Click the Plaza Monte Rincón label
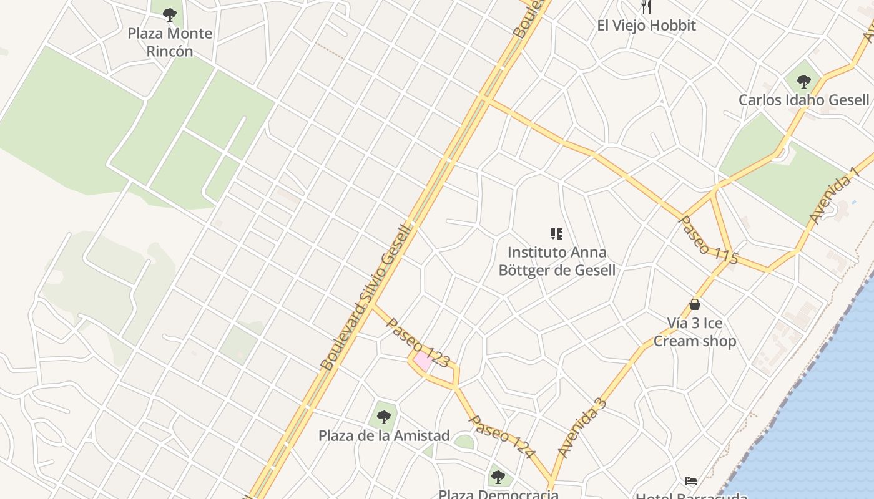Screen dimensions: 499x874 170,42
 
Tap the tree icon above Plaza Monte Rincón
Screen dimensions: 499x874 169,14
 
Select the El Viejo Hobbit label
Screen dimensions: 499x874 646,26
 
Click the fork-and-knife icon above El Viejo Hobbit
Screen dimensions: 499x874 646,7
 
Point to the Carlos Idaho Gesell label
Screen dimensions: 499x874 803,100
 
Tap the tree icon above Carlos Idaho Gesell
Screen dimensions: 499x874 803,81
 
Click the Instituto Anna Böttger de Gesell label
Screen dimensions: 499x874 557,261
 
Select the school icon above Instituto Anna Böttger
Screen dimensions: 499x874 556,234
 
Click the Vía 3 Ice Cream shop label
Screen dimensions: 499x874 695,332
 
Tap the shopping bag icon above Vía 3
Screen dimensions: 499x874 694,304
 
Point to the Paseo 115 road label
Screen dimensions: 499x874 708,240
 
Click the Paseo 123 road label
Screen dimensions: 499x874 418,342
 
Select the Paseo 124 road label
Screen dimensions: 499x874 502,437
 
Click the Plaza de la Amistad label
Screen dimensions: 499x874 384,435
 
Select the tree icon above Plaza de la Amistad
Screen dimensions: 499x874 383,416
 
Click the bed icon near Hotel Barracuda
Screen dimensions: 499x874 690,481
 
